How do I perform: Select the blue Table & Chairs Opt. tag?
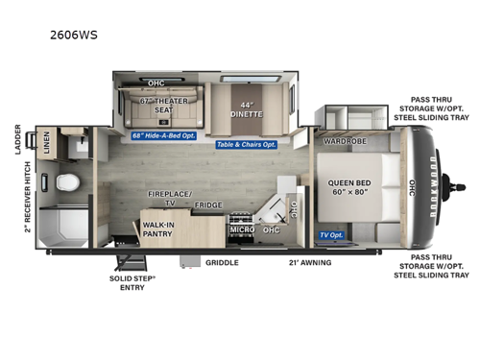click(246, 144)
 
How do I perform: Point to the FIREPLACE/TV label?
click(167, 199)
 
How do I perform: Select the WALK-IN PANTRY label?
click(159, 230)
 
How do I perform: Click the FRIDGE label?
click(208, 204)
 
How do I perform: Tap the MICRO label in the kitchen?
click(240, 229)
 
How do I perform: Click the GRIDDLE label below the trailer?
click(222, 261)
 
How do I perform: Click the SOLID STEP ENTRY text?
click(133, 286)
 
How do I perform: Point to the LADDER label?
click(17, 140)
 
